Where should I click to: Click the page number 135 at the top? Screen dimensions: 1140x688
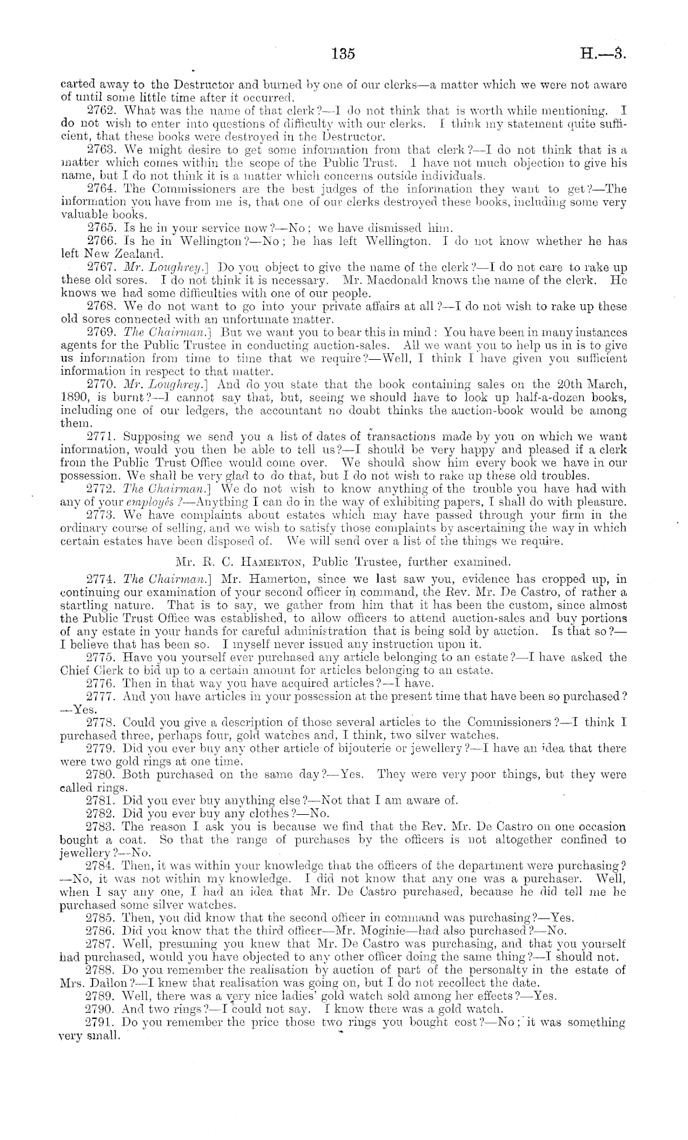pyautogui.click(x=343, y=54)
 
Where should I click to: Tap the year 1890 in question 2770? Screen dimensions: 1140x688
pyautogui.click(x=73, y=398)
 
